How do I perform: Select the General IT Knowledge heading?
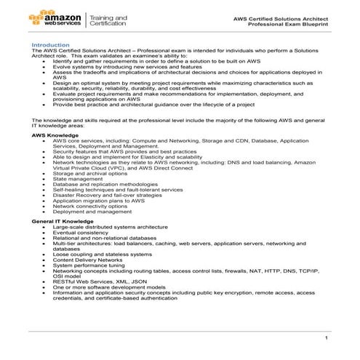pyautogui.click(x=63, y=220)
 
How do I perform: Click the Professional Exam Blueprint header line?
pyautogui.click(x=289, y=24)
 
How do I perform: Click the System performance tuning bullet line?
pyautogui.click(x=89, y=264)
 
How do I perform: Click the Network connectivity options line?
pyautogui.click(x=90, y=206)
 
